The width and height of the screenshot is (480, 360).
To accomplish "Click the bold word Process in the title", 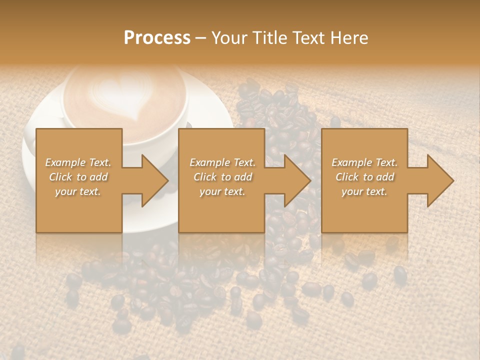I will (157, 38).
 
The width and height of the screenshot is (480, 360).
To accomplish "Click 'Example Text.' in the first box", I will (78, 162).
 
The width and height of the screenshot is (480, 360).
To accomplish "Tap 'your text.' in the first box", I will (78, 191).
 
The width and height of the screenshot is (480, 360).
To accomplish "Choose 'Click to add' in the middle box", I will (222, 177).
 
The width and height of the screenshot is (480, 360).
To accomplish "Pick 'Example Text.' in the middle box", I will (222, 162).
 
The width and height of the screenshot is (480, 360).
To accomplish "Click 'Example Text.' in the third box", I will (364, 162).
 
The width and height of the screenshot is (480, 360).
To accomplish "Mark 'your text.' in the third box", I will (364, 191).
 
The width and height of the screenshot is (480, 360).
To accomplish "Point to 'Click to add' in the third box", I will (364, 177).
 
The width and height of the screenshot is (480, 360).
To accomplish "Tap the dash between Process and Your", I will (200, 38).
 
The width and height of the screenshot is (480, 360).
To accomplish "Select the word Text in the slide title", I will (309, 38).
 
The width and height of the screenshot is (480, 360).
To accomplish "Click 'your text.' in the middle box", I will (222, 191).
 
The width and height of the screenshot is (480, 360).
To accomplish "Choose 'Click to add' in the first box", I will (78, 177).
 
